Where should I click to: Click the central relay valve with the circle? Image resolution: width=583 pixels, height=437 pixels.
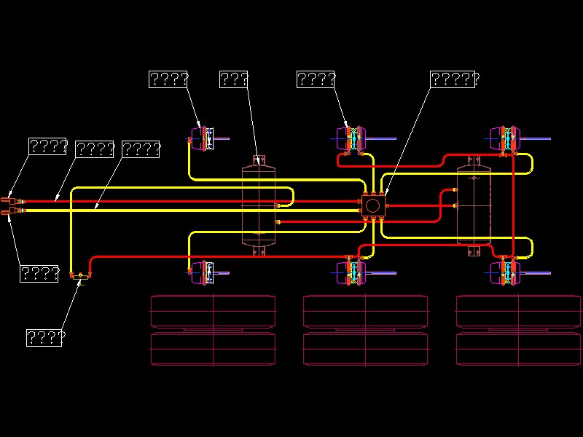point(372,205)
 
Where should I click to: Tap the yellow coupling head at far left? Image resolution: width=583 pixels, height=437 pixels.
point(9,212)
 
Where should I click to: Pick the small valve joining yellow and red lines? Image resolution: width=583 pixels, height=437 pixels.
point(79,276)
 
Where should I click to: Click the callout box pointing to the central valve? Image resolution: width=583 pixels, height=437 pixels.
point(453,79)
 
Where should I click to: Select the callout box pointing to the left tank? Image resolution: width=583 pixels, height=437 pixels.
point(234,79)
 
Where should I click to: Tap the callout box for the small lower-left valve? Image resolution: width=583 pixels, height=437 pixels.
point(44,338)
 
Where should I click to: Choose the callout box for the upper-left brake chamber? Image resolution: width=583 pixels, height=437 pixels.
point(168,79)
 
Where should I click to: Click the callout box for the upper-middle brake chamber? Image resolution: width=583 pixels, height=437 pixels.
point(316,79)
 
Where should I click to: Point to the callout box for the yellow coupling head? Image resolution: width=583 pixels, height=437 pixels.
point(39,274)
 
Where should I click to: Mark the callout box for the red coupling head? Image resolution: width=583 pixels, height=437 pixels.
point(47,146)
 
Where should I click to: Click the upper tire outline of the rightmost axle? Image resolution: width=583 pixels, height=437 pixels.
point(518,311)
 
